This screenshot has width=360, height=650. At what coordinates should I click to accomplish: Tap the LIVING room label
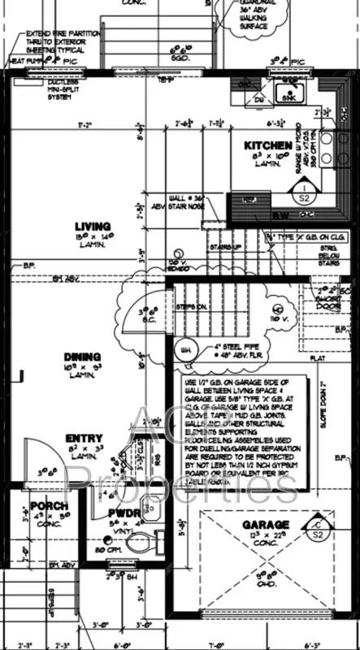click(x=92, y=227)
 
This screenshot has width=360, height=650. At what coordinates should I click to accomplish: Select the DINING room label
click(x=82, y=357)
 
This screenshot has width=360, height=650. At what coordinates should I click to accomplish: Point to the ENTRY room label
click(x=84, y=439)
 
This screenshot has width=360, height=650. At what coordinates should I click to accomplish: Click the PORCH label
click(x=49, y=506)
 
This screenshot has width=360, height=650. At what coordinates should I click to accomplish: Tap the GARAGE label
click(x=265, y=524)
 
